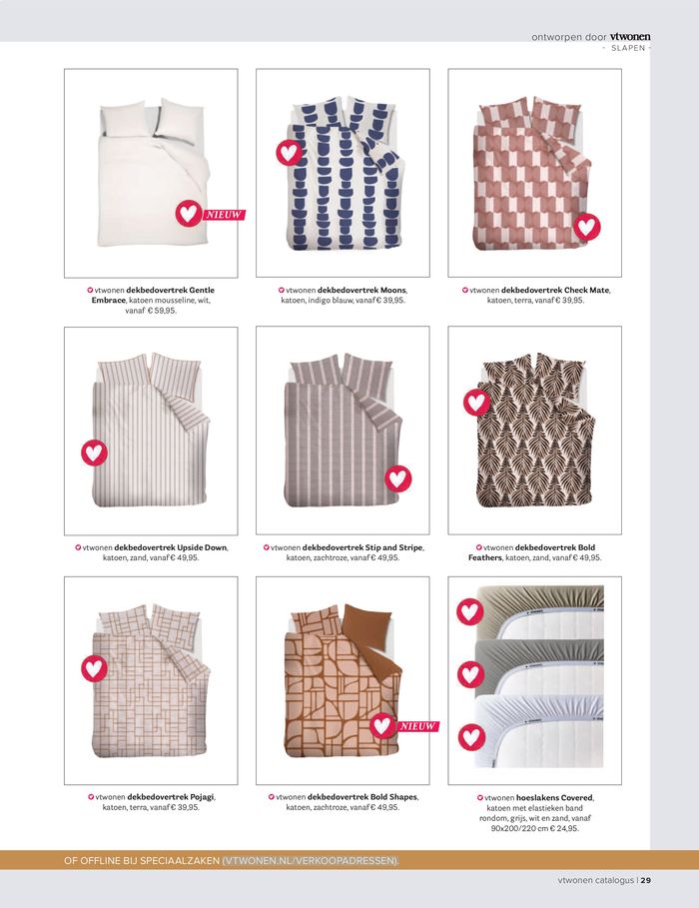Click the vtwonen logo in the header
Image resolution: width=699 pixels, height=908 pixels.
pos(630,37)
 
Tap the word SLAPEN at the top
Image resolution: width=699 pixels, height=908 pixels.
pos(628,48)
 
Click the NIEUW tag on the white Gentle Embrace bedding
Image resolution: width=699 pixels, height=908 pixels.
pos(224,215)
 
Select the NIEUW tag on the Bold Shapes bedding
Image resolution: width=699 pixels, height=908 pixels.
pos(418,726)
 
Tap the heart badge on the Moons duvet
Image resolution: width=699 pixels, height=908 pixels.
pos(289,152)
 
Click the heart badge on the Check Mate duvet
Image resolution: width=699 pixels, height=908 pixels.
pos(587,227)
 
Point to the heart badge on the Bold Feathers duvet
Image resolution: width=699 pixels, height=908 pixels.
pos(476,402)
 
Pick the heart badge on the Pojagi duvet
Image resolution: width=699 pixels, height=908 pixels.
pos(95,669)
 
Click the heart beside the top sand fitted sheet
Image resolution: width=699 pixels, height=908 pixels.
pos(470,611)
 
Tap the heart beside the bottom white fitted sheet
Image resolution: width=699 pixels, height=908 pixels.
pos(472,737)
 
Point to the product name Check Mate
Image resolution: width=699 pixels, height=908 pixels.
pos(586,290)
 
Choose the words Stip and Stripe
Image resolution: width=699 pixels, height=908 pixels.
pos(394,547)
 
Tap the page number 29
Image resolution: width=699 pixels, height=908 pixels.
pos(646,880)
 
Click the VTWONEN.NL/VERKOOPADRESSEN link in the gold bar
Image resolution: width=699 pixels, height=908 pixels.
pos(311,860)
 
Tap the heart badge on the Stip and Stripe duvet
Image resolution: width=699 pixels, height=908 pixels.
pos(398,478)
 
